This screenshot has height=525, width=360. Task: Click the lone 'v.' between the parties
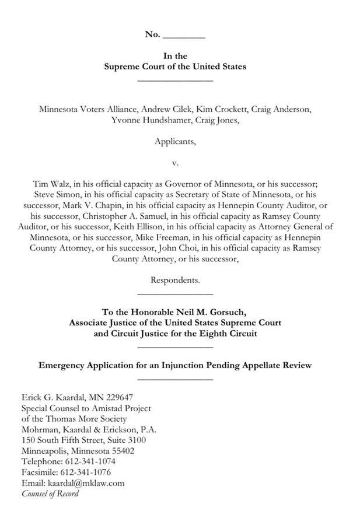[x=174, y=162]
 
